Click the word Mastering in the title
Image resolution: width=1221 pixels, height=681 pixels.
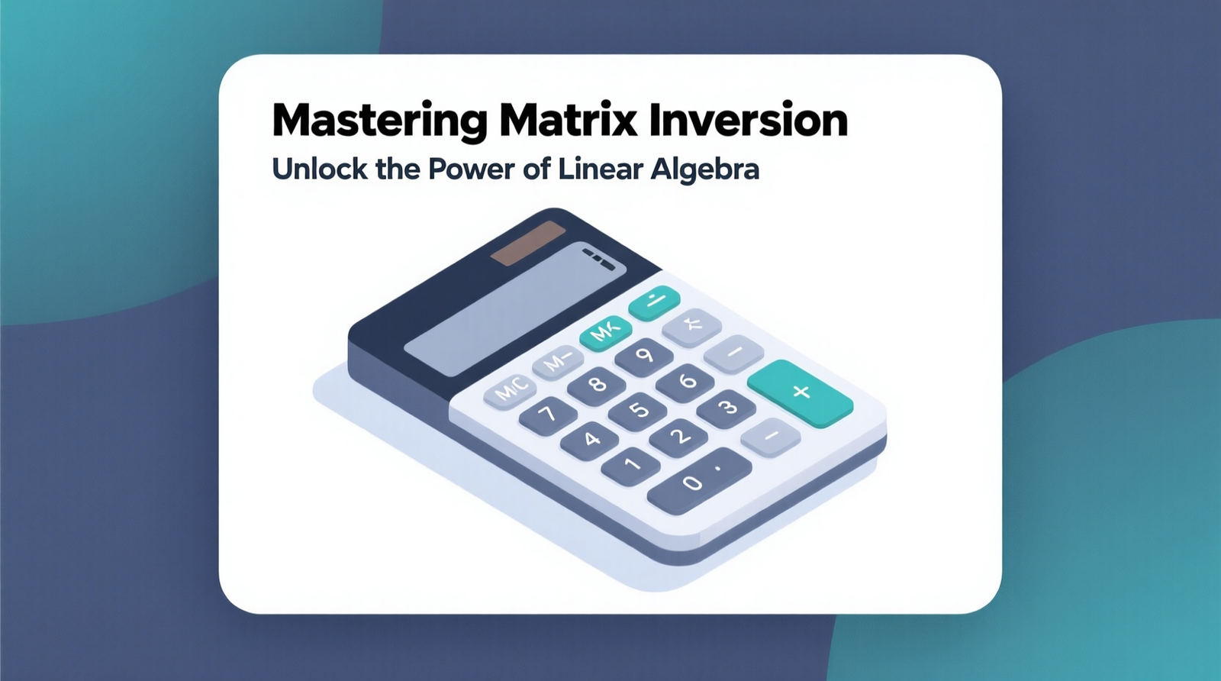click(x=379, y=121)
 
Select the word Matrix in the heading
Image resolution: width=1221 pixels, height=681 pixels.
click(x=568, y=121)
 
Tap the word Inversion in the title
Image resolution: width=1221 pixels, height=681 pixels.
click(x=749, y=121)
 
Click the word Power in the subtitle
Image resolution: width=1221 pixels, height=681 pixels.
click(x=472, y=169)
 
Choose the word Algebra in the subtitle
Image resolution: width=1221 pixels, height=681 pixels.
click(x=704, y=169)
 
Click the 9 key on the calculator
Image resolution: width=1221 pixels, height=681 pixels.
click(x=644, y=355)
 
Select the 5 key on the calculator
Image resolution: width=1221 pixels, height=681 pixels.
click(x=638, y=409)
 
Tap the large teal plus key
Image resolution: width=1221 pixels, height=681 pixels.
click(x=800, y=392)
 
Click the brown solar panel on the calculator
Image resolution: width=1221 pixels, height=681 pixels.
click(x=527, y=244)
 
